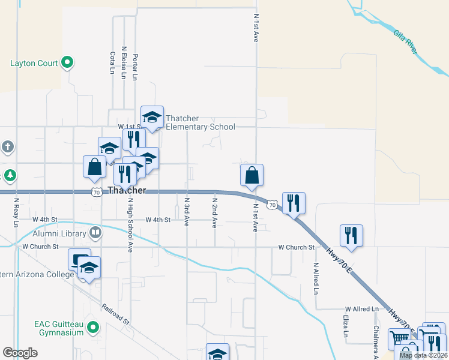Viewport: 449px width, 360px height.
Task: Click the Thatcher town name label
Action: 127,190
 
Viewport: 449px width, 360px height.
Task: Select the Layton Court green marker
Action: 67,62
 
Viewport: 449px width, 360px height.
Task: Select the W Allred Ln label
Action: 362,309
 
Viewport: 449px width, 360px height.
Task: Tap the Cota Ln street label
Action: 112,62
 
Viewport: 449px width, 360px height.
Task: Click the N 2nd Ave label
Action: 214,211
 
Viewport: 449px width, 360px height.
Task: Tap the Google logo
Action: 20,352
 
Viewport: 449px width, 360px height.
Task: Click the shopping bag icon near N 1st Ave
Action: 252,175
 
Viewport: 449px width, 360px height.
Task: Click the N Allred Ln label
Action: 316,277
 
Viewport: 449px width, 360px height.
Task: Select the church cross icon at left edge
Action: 7,146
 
